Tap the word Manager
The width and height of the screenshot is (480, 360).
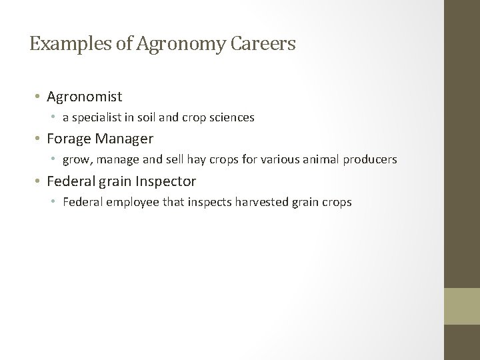127,139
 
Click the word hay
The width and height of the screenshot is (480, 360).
189,159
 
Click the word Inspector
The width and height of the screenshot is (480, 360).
167,181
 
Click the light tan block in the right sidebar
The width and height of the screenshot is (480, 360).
462,306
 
